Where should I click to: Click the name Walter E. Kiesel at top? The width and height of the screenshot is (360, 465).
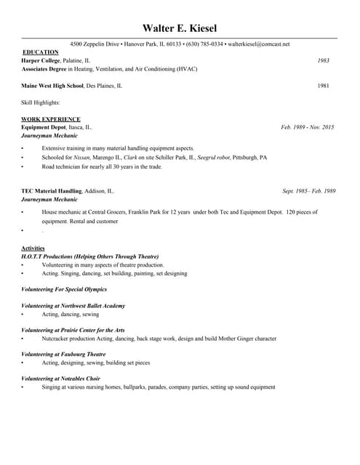coord(179,28)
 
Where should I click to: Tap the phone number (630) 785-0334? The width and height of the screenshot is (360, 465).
coord(204,44)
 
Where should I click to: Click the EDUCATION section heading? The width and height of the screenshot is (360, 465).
coord(41,52)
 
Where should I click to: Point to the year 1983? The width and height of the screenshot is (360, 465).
coord(324,61)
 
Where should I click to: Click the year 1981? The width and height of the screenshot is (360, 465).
coord(324,86)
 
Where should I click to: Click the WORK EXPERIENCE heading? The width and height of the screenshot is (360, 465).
coord(51,119)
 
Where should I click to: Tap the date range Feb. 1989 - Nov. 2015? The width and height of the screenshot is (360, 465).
coord(308,127)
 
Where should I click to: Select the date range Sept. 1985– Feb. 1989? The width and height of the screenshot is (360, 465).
coord(308,191)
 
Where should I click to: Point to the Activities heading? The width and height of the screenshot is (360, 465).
coord(33,248)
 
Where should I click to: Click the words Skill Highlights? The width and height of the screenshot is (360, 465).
coord(40,102)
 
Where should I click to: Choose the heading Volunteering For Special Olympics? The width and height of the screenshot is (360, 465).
coord(64,289)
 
